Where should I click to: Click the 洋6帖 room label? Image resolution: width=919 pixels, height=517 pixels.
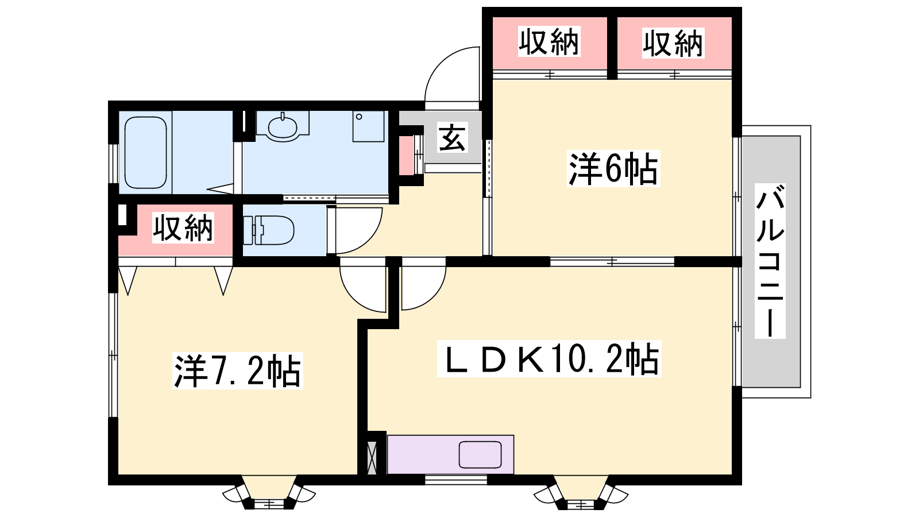[x=613, y=169]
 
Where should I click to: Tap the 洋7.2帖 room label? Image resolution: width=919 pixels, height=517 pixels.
[x=238, y=371]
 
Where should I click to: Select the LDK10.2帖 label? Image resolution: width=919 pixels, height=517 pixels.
[x=549, y=358]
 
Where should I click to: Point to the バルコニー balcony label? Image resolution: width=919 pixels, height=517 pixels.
[x=770, y=261]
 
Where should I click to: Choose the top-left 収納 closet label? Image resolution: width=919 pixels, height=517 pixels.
[x=549, y=41]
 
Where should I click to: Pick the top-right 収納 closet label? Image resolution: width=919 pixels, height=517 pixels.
[x=673, y=43]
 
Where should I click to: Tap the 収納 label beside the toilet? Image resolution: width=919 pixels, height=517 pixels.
[x=183, y=227]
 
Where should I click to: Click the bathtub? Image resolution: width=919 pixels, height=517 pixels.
[x=146, y=152]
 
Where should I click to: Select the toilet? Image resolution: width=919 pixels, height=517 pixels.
[x=269, y=230]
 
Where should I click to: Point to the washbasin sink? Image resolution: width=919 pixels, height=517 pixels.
[x=282, y=126]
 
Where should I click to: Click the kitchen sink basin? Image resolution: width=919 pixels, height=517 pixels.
[x=480, y=454]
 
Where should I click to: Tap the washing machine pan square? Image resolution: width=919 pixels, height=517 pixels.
[x=368, y=126]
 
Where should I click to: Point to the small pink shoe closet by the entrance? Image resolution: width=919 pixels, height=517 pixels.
[x=407, y=155]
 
